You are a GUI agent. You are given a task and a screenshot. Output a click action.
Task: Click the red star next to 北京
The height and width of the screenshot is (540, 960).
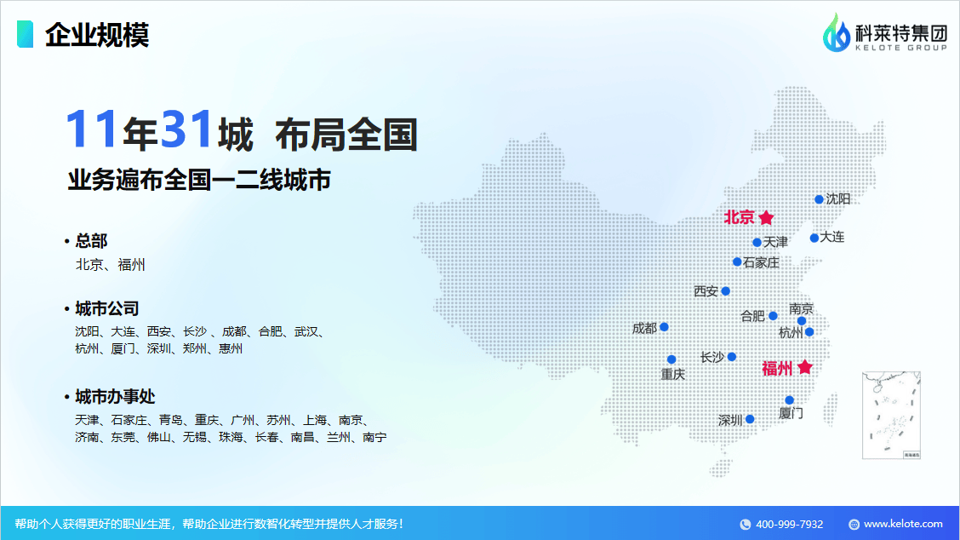coord(766,217)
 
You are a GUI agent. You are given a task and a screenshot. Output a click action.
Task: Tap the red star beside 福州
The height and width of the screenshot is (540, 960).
coord(805,367)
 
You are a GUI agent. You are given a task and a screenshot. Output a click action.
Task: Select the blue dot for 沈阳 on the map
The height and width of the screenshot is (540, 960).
coord(820,199)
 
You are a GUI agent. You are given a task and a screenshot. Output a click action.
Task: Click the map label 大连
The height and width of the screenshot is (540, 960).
coord(832,237)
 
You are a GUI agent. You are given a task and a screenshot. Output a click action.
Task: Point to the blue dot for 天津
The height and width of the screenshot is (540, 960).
coord(757,243)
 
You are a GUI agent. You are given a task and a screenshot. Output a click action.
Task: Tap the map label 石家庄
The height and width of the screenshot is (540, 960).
coord(761,263)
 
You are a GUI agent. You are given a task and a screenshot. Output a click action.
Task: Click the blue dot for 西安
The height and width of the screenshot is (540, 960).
coord(725,291)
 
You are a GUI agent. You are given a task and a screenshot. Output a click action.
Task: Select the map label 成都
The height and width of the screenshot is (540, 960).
coord(644,329)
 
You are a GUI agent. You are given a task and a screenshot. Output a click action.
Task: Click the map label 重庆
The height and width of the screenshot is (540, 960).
coord(673,374)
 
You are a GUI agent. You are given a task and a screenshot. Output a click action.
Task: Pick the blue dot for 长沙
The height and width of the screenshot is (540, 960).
coord(732,357)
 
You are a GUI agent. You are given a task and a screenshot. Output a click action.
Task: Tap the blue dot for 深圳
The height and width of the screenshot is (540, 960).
coord(750,419)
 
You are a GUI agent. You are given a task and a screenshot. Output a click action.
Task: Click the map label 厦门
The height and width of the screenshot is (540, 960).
coord(791,413)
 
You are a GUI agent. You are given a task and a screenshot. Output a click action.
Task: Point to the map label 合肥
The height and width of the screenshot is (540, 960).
coord(752,316)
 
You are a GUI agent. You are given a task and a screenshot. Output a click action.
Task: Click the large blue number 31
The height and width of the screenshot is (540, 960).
coord(186,129)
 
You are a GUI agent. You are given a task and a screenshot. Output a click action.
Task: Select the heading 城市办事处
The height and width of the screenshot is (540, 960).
coord(115,397)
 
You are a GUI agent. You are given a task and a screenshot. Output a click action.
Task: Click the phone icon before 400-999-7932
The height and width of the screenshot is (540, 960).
coord(745,525)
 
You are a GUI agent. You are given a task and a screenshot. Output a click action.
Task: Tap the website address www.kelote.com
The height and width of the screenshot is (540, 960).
coord(903,524)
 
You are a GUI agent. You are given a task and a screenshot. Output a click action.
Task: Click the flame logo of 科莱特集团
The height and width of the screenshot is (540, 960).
coord(836,33)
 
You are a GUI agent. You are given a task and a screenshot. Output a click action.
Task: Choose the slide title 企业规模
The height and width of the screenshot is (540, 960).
coord(97,34)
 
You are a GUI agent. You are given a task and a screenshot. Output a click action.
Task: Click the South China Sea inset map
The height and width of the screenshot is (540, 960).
coord(891,415)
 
